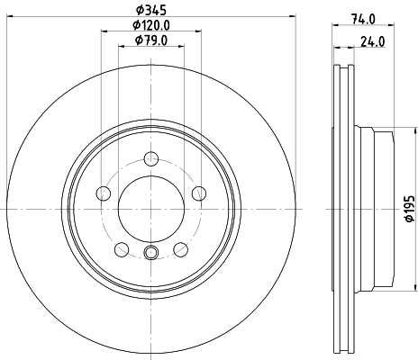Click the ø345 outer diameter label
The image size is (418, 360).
pyautogui.click(x=151, y=10)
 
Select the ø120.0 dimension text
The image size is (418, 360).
pyautogui.click(x=151, y=25)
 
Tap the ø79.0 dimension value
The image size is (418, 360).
pyautogui.click(x=151, y=40)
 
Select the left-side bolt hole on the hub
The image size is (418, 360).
pyautogui.click(x=103, y=193)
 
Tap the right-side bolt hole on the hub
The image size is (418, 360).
pyautogui.click(x=199, y=192)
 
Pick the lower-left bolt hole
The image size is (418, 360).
pyautogui.click(x=121, y=248)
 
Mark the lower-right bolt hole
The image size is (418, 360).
pyautogui.click(x=181, y=248)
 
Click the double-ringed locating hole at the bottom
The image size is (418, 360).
pyautogui.click(x=150, y=253)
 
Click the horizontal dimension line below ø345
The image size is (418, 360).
pyautogui.click(x=151, y=18)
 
